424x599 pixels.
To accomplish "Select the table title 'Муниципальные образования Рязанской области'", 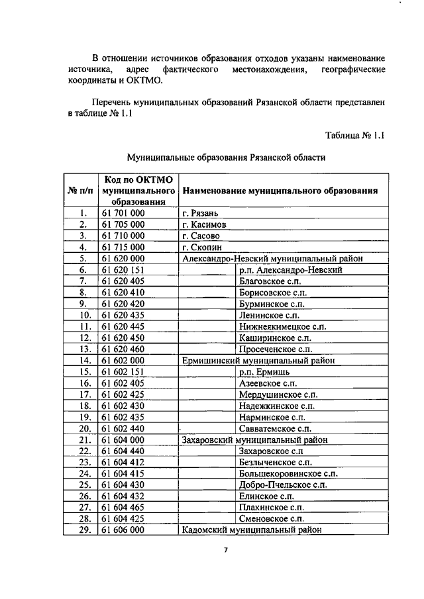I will pos(226,158).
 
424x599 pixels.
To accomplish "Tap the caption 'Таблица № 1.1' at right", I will pos(355,135).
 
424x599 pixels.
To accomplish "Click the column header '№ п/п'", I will pos(80,191).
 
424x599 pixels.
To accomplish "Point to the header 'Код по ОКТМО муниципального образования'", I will pos(138,191).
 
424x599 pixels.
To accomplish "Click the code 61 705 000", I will pos(124,224).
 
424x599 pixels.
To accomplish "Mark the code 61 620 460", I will pos(124,349).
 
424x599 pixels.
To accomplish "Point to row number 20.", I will pos(84,428).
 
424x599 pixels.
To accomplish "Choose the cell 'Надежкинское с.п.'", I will pos(276,406).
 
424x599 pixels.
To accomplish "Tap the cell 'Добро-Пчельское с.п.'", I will pos(282,484).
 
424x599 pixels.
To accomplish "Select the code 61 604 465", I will pos(124,507).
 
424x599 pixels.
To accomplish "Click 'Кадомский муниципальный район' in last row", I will pos(251,530).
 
